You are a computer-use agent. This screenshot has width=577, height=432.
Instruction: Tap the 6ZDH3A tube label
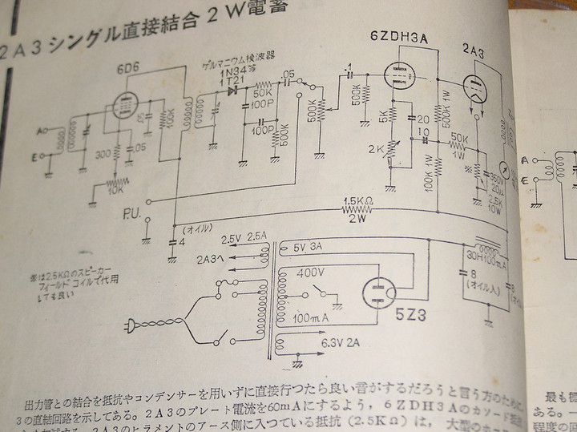[x=399, y=38]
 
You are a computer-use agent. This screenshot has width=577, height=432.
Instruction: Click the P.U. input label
[x=133, y=216]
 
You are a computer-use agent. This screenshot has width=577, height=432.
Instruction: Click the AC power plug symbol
[x=131, y=325]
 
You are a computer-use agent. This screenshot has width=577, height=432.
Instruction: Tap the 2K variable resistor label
[x=376, y=149]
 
